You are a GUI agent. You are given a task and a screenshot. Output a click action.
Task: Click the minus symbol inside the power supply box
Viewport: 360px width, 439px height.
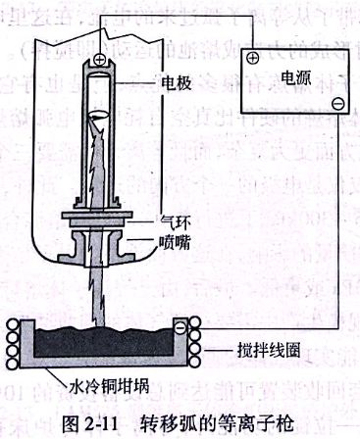coord(337,103)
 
